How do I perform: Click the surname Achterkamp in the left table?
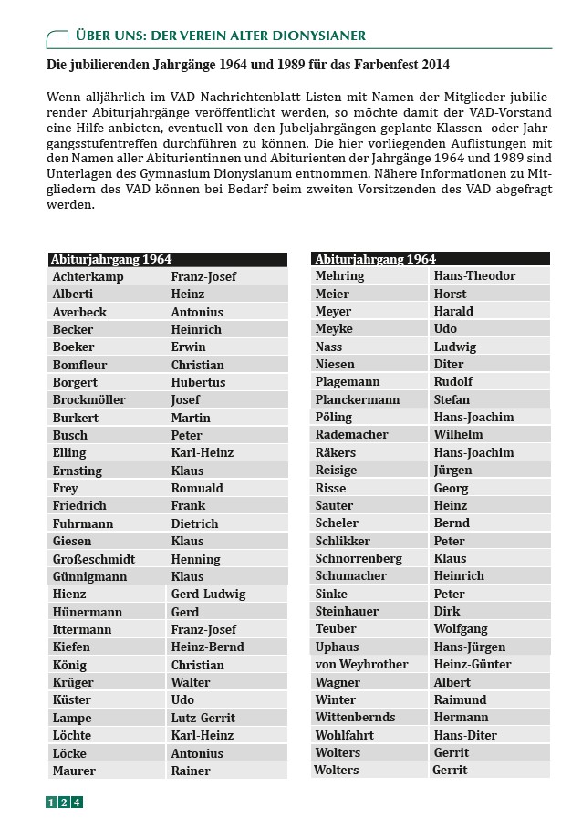[88, 276]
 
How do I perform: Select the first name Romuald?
[197, 488]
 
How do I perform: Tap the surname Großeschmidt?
[94, 559]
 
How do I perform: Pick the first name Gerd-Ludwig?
[208, 595]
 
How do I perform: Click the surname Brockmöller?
[89, 399]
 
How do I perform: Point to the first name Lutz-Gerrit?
[204, 718]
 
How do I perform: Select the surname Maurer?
[74, 771]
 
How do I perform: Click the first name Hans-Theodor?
[474, 275]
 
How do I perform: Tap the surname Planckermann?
[358, 399]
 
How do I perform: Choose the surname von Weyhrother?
[361, 664]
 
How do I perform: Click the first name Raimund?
[461, 699]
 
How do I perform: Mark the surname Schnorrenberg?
[359, 558]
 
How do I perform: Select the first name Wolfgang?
[461, 628]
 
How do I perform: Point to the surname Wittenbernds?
[355, 717]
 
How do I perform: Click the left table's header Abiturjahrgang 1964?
[111, 259]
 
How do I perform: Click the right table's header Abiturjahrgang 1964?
[375, 259]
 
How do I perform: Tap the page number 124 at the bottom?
[64, 802]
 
